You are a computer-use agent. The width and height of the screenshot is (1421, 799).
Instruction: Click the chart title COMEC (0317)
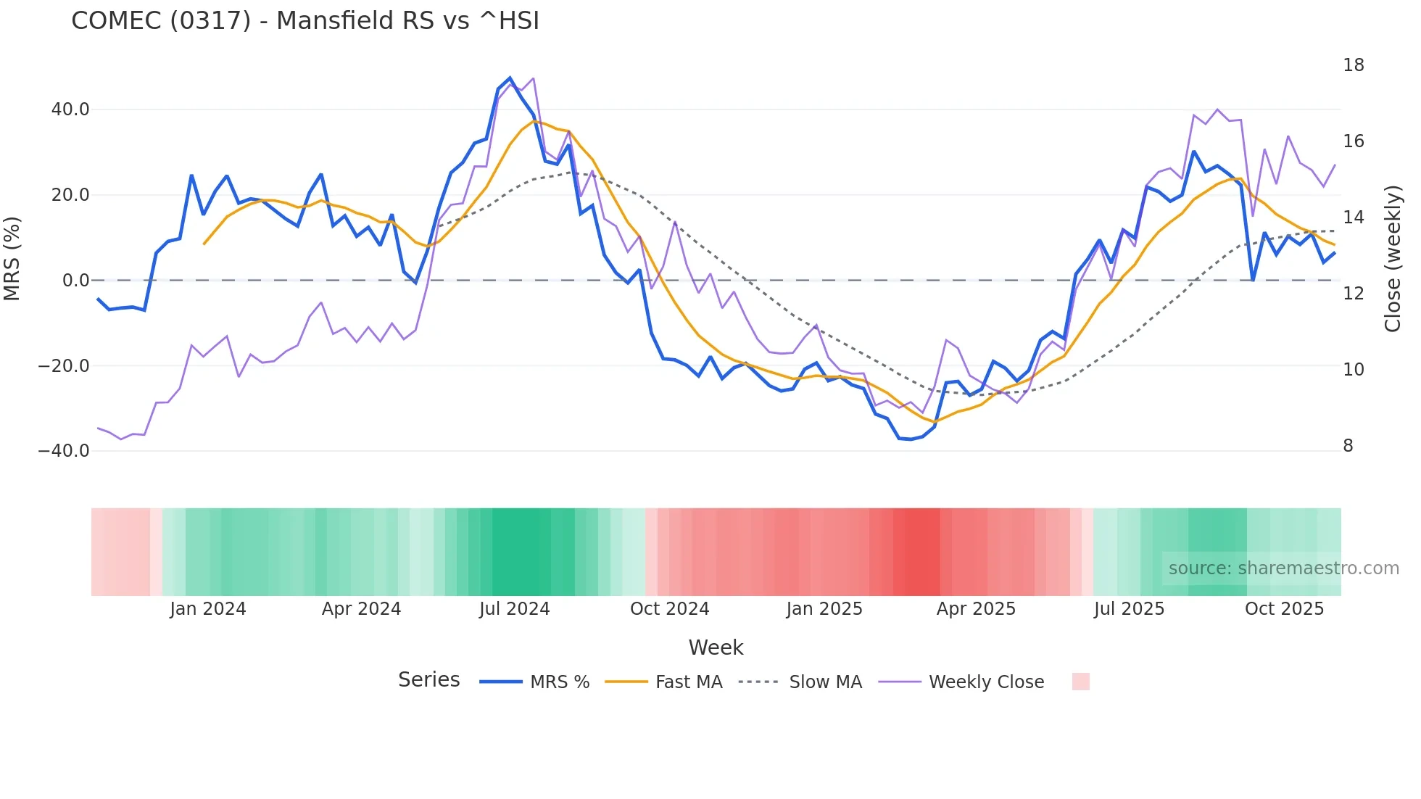tap(304, 21)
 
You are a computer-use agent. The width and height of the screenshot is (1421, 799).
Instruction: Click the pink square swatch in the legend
tap(1080, 682)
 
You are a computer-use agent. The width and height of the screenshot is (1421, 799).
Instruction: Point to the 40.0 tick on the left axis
tap(70, 109)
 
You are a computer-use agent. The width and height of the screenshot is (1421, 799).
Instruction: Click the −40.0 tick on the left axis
tap(64, 451)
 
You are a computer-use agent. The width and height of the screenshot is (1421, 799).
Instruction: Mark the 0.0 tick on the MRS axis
tap(75, 281)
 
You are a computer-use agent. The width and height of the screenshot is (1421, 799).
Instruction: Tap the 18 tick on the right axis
tap(1353, 65)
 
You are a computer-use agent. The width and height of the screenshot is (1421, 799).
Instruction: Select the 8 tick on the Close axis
tap(1348, 446)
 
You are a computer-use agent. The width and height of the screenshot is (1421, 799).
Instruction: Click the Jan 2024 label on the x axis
tap(208, 609)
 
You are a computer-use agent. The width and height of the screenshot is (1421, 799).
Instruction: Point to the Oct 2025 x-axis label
tap(1284, 609)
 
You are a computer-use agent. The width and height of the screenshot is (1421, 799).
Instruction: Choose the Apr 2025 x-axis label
tap(976, 609)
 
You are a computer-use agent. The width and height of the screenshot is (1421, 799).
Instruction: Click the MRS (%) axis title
tap(12, 258)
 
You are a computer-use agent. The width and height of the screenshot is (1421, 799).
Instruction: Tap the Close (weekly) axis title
tap(1393, 259)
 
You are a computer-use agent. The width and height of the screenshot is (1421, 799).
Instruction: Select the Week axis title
tap(716, 647)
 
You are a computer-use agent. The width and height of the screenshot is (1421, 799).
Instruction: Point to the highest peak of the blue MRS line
tap(510, 78)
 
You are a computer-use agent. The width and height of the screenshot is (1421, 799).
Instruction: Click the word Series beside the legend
tap(428, 680)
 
